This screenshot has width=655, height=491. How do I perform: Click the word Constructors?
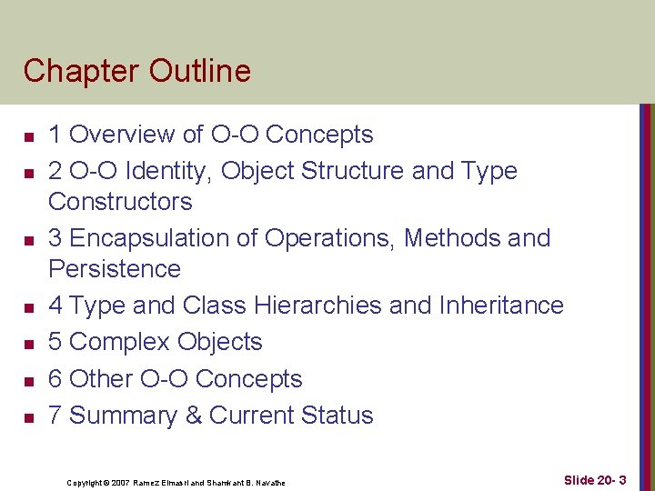point(120,201)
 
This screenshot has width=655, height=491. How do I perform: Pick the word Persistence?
point(115,269)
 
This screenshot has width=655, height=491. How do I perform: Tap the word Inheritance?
point(499,306)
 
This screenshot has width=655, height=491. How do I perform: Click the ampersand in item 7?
point(194,416)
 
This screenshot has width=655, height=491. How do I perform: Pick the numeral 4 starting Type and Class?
point(55,306)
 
